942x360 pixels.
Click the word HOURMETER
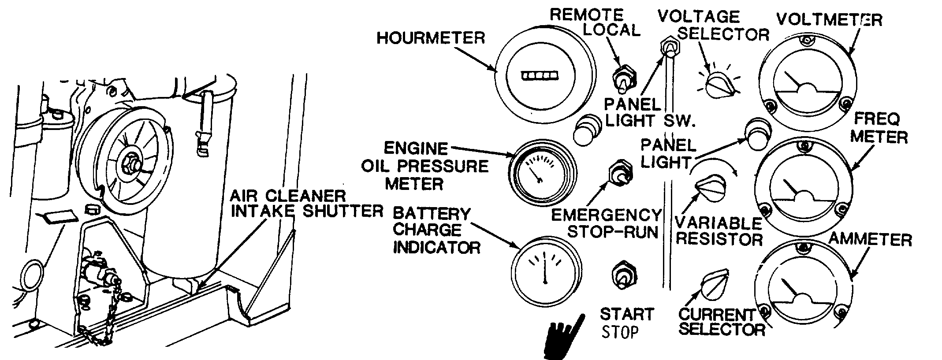click(x=430, y=38)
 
